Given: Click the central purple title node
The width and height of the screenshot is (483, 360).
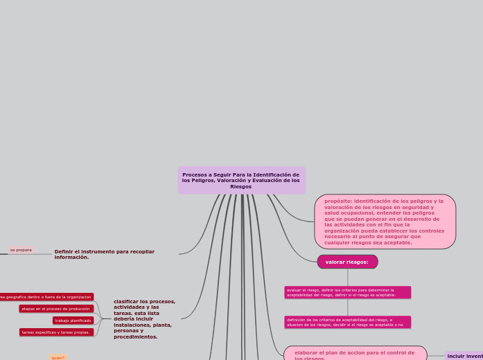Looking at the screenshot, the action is click(x=241, y=180).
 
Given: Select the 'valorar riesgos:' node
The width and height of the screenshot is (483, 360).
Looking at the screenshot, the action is click(x=347, y=262).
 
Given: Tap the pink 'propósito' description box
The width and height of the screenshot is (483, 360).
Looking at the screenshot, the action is click(x=385, y=222).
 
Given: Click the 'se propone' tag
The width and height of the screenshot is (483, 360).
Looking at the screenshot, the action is click(x=21, y=250).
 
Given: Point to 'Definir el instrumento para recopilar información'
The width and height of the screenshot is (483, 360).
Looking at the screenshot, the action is click(x=104, y=254).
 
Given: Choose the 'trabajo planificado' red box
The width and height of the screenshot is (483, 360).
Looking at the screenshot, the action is click(x=73, y=321).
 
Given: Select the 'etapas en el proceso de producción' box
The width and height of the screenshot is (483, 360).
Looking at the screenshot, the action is click(x=55, y=309).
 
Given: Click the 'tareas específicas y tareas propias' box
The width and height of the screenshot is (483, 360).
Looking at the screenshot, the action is click(x=55, y=332).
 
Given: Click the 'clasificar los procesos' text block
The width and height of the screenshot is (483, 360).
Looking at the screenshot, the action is click(x=144, y=318).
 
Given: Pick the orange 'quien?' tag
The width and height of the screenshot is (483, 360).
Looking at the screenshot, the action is click(x=58, y=357).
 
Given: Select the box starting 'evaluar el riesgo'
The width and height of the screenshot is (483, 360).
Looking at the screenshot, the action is click(x=347, y=292).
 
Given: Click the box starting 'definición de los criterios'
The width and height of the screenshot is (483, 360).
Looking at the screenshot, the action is click(x=347, y=322).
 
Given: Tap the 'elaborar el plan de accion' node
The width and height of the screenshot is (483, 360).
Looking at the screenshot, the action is click(x=354, y=354).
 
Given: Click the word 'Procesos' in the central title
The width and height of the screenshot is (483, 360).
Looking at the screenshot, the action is click(x=195, y=174).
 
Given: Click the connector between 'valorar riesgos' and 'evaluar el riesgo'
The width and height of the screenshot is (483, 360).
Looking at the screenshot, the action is click(x=348, y=277).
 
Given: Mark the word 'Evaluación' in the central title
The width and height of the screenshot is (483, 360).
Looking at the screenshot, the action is click(x=272, y=180).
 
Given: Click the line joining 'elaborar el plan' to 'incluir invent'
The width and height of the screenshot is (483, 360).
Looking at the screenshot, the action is click(x=436, y=356).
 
